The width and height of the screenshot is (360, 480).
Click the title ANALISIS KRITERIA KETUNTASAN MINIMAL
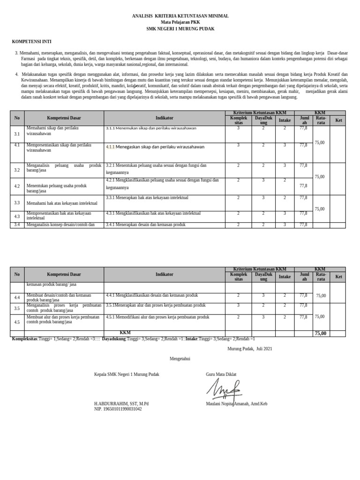click(x=180, y=16)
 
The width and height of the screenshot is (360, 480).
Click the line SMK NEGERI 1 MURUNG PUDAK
click(x=180, y=29)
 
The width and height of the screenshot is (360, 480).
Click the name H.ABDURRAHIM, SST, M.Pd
click(x=121, y=404)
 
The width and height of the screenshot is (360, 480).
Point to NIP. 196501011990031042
click(x=118, y=409)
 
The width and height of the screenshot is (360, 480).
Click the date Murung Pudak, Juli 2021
click(x=249, y=349)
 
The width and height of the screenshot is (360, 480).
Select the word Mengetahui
click(x=180, y=359)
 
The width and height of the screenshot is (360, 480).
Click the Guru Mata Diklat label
click(x=221, y=374)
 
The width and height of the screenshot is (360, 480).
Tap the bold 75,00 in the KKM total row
click(x=321, y=333)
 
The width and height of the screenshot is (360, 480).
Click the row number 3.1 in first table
click(x=17, y=134)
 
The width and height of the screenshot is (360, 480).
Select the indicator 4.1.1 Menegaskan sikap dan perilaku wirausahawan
click(x=155, y=147)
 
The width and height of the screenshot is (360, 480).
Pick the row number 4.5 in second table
click(x=17, y=322)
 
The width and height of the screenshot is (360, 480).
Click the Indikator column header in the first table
click(x=165, y=118)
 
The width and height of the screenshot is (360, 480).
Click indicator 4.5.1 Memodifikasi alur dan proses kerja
click(x=157, y=317)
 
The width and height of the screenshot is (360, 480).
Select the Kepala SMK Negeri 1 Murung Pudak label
click(x=127, y=374)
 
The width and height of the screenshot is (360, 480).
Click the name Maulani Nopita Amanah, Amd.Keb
click(x=236, y=404)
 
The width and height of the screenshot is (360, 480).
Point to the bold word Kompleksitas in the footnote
click(x=25, y=338)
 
